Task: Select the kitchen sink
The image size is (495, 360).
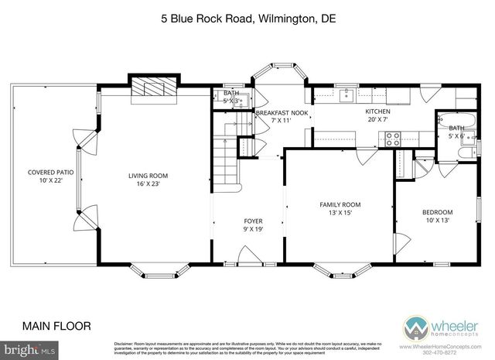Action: [345, 96]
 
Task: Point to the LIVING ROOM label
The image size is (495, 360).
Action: [148, 176]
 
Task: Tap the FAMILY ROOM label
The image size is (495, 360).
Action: [340, 204]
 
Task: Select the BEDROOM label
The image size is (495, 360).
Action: [437, 212]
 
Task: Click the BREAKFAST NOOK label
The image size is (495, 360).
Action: [282, 113]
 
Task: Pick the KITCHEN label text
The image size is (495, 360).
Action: [377, 111]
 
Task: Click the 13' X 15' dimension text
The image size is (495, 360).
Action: [340, 213]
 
